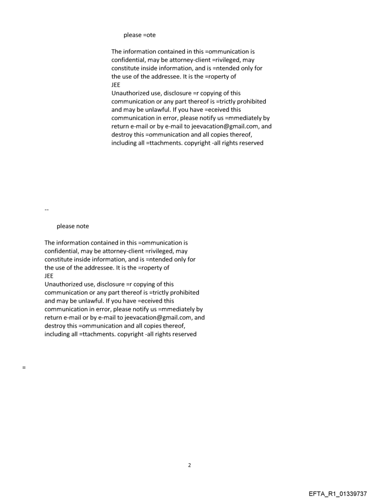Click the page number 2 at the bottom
(189, 465)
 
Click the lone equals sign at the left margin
(23, 368)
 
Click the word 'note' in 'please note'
(80, 226)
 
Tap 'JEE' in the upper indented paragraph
(116, 85)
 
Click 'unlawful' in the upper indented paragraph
(164, 110)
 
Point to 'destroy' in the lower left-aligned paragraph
(55, 326)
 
